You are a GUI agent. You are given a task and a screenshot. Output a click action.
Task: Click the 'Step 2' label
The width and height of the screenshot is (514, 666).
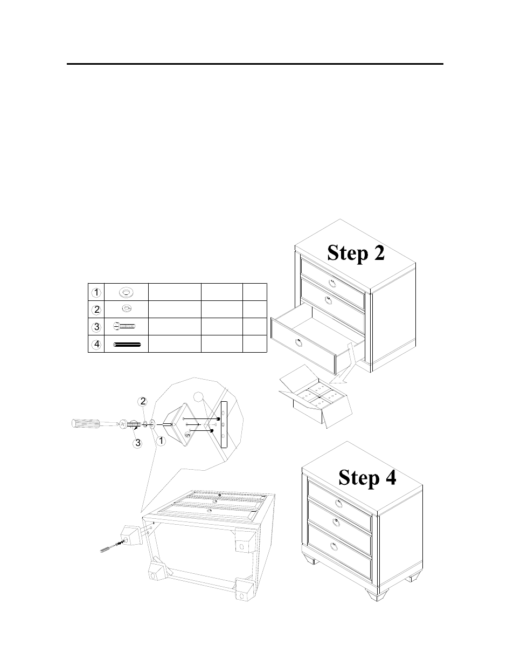pyautogui.click(x=356, y=252)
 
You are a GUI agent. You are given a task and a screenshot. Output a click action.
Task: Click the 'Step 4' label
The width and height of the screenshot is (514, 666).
pyautogui.click(x=367, y=477)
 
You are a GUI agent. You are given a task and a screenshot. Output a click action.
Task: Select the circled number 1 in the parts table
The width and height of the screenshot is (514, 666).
pyautogui.click(x=95, y=292)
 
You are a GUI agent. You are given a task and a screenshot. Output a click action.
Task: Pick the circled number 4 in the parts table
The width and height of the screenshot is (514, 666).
pyautogui.click(x=95, y=344)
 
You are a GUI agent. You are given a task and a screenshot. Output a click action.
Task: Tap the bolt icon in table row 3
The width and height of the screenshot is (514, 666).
pyautogui.click(x=125, y=326)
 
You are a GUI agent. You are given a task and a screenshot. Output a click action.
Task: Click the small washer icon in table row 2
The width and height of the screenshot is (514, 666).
pyautogui.click(x=127, y=309)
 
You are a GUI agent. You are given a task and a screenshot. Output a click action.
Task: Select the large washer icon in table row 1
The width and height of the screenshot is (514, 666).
pyautogui.click(x=127, y=292)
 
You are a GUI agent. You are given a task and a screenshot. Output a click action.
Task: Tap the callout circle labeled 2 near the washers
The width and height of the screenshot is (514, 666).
pyautogui.click(x=143, y=401)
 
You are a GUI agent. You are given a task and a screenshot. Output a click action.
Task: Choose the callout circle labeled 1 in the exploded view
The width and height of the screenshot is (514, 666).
pyautogui.click(x=160, y=441)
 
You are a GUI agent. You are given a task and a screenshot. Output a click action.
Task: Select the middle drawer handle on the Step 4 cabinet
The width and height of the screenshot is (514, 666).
pyautogui.click(x=336, y=521)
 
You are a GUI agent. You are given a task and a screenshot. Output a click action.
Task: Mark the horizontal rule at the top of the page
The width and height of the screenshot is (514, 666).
pyautogui.click(x=255, y=64)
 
